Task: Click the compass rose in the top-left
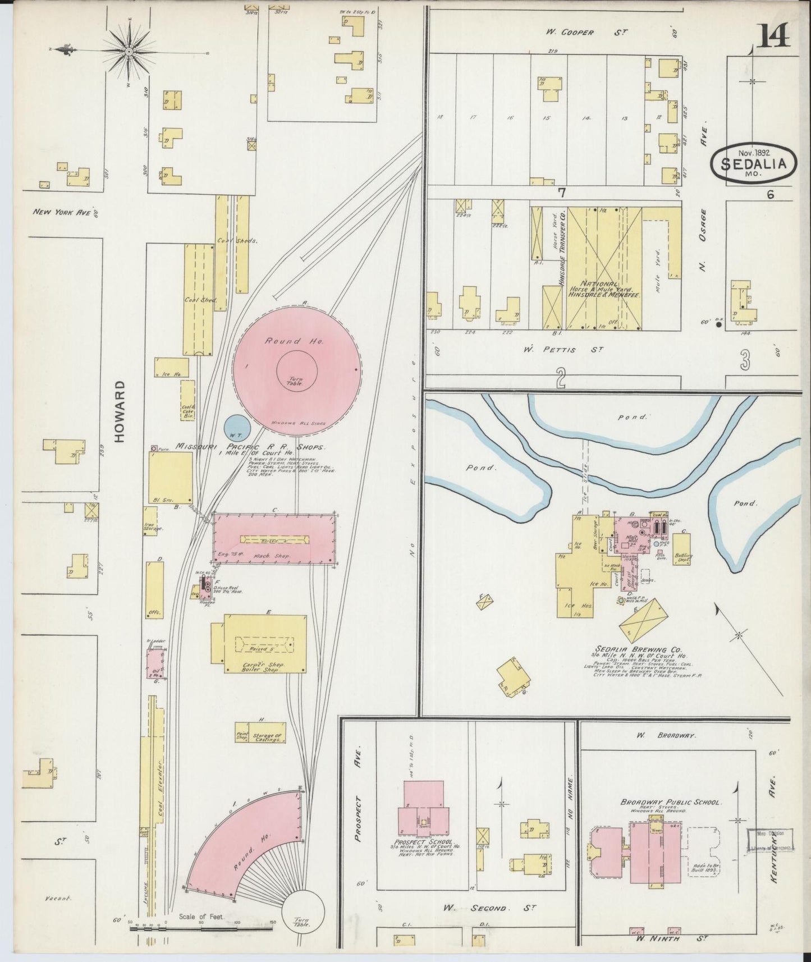pyautogui.click(x=129, y=52)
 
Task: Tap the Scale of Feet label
pyautogui.click(x=200, y=917)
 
